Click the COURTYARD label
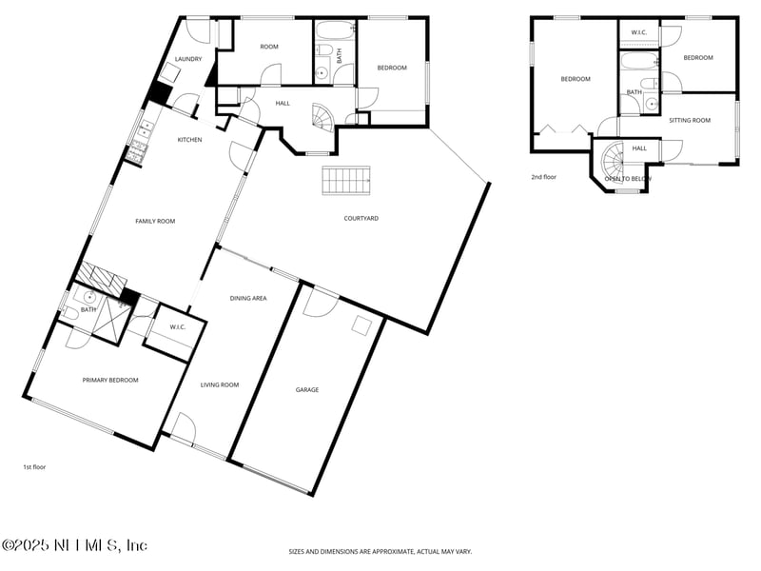[x=361, y=219]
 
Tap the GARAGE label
[x=307, y=389]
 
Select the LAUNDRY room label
[x=188, y=59]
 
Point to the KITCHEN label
[x=189, y=140]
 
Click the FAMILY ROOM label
[x=155, y=221]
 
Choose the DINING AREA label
[x=248, y=298]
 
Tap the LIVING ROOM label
[x=220, y=385]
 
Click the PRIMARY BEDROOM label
[x=110, y=380]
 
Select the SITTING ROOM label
[x=690, y=121]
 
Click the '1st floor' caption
[x=34, y=467]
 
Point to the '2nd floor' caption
[x=543, y=177]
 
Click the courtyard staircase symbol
[x=346, y=181]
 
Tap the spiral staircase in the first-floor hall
[x=322, y=117]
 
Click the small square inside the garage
[x=362, y=325]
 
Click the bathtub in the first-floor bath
[x=336, y=30]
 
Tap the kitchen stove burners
[x=137, y=150]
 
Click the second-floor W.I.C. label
[x=638, y=32]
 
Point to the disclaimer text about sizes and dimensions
[x=380, y=552]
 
